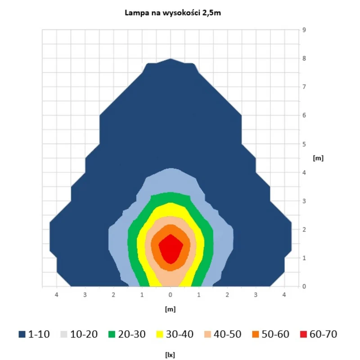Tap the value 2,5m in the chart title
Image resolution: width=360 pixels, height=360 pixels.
(x=211, y=13)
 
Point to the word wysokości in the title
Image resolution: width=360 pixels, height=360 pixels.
(x=181, y=13)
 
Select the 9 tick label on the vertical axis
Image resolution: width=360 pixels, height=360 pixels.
(x=304, y=30)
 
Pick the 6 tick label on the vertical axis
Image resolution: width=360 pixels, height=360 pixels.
(x=304, y=115)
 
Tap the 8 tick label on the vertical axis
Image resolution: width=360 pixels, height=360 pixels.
(x=304, y=58)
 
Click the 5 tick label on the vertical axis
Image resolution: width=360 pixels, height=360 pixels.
(x=304, y=144)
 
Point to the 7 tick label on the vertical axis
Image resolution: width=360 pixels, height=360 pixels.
(x=304, y=87)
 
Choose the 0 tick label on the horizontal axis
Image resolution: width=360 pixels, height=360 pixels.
(x=170, y=295)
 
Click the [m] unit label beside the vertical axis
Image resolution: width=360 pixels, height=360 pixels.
(x=318, y=158)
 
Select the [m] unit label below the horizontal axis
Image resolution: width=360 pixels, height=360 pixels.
(x=170, y=309)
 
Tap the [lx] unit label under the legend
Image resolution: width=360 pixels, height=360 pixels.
(x=170, y=355)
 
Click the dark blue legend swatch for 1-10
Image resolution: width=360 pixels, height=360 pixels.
(x=22, y=334)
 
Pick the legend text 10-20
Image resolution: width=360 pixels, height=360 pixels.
(x=84, y=334)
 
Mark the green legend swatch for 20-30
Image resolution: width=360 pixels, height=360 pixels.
(x=112, y=334)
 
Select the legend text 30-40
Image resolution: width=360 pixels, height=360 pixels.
(x=180, y=334)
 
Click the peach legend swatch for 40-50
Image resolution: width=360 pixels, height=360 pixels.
(x=207, y=334)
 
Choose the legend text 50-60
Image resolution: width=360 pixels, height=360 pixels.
(x=275, y=334)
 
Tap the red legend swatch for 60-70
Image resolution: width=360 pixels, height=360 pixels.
(x=303, y=334)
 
